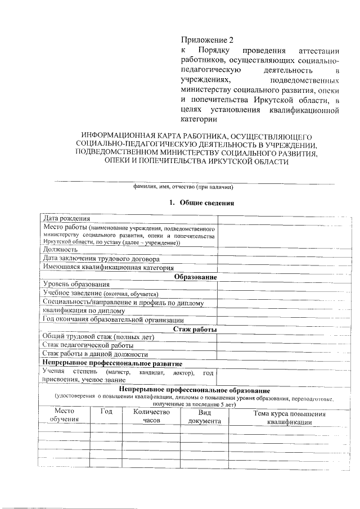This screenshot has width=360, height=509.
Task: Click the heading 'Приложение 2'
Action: tap(206, 40)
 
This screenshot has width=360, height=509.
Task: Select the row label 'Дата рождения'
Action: tap(66, 219)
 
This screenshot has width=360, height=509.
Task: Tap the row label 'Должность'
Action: tap(60, 250)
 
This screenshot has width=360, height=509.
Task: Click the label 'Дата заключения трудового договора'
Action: tap(101, 259)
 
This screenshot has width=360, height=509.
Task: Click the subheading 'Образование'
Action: tap(195, 277)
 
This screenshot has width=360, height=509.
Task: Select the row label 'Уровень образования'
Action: tap(76, 285)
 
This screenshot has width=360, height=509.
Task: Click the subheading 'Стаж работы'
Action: tap(195, 329)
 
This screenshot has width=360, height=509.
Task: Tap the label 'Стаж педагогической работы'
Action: tap(88, 345)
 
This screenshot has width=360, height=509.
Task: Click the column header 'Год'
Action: tap(106, 412)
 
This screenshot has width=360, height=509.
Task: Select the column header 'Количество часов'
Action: tap(151, 417)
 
